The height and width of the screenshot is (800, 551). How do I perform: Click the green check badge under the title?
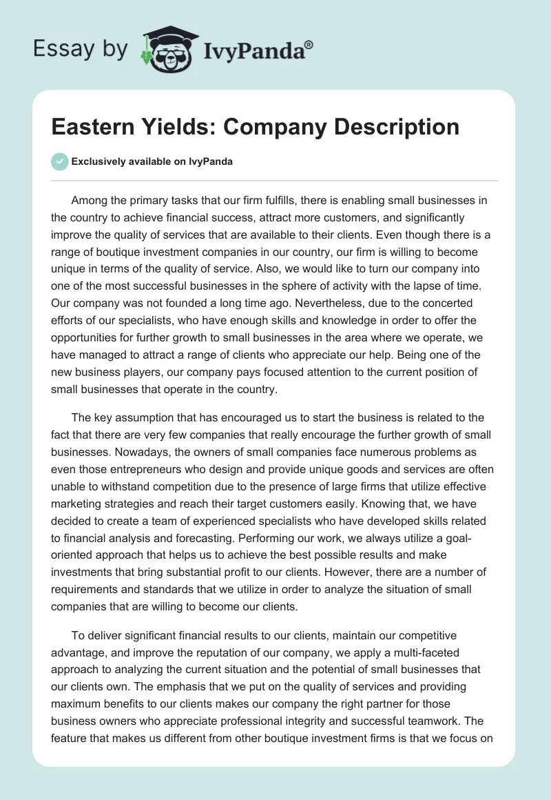tap(59, 161)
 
